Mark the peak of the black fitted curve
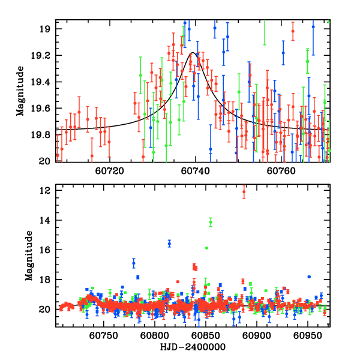[194, 53]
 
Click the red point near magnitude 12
[244, 192]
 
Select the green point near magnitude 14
[211, 223]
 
